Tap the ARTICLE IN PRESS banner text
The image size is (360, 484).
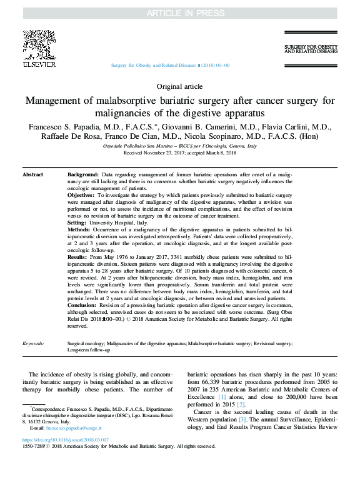point(179,13)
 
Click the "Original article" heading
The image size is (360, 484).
point(179,86)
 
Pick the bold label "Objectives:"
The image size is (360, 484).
point(81,196)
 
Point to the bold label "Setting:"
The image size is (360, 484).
point(77,223)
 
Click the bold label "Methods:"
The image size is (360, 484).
point(79,229)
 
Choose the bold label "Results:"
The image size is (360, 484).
point(77,257)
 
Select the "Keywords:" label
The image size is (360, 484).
point(33,343)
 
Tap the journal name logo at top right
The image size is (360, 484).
point(309,49)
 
